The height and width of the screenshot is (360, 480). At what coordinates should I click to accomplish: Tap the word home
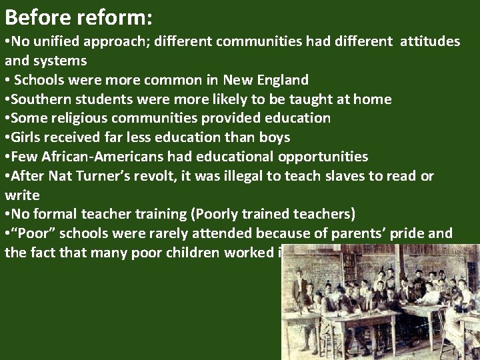click(x=374, y=99)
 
